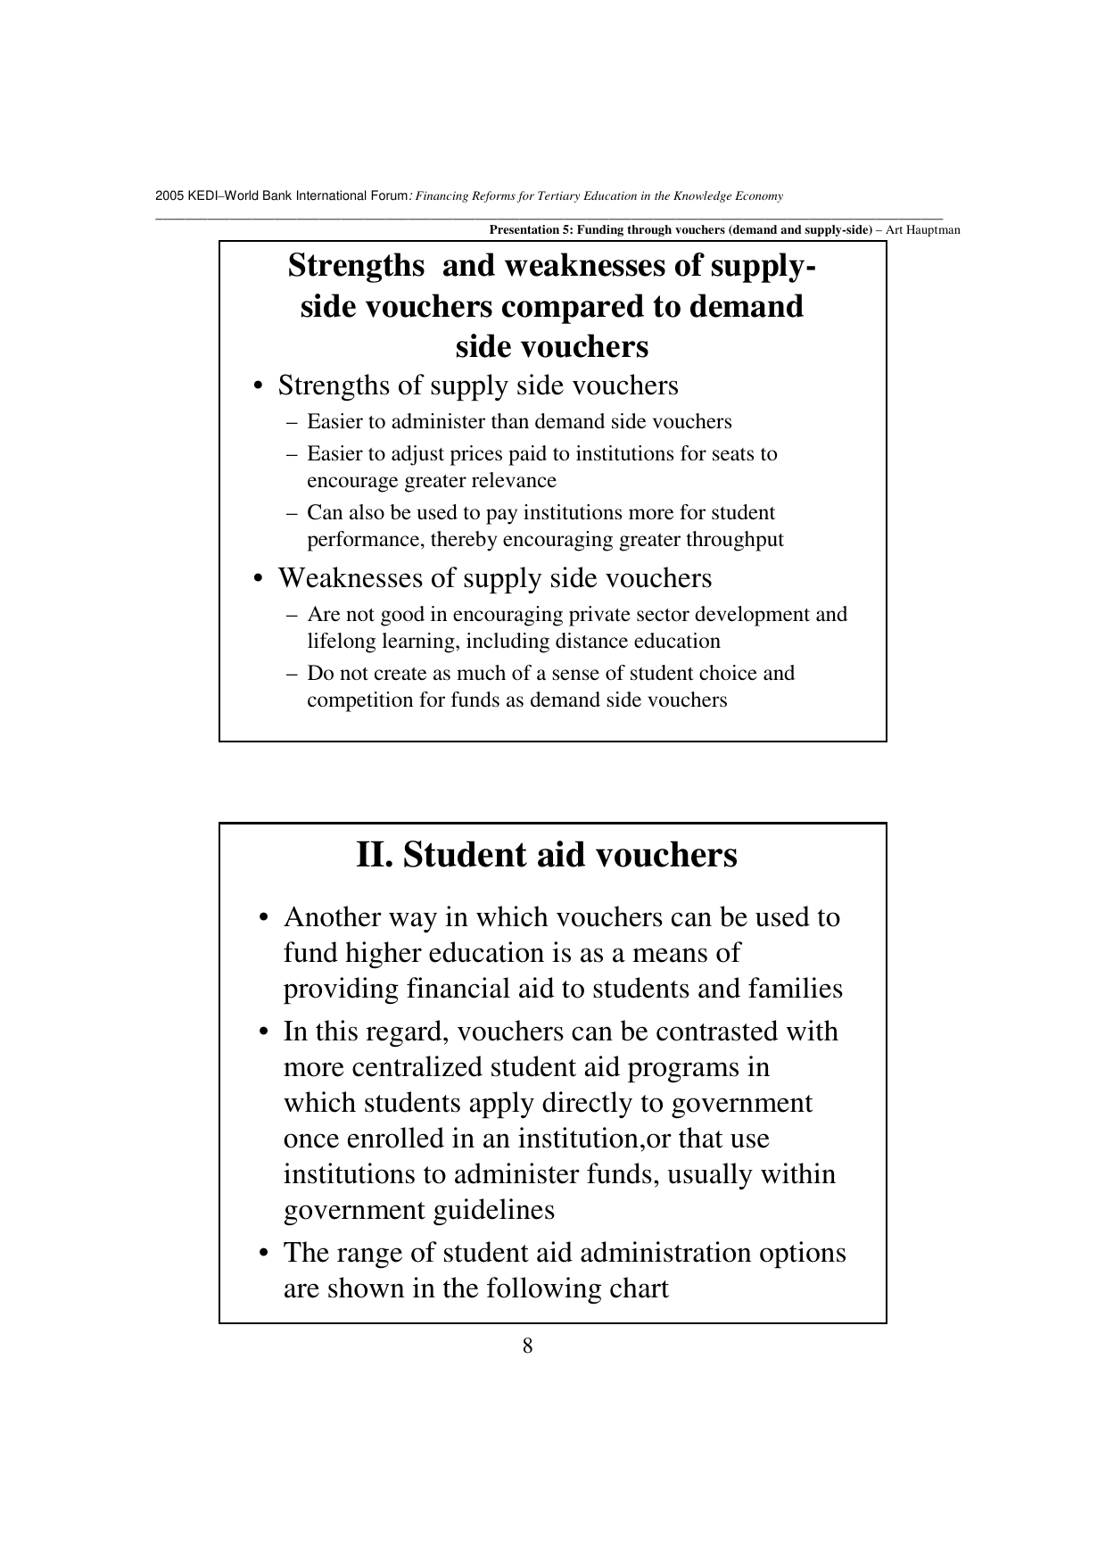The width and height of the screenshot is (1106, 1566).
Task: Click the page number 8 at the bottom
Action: click(x=527, y=1346)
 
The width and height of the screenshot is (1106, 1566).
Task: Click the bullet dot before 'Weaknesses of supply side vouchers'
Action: click(x=257, y=579)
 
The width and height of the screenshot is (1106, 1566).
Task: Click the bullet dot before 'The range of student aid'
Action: click(x=262, y=1254)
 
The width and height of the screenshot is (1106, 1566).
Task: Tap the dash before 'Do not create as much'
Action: click(x=293, y=674)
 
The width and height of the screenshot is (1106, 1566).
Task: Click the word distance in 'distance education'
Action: click(x=590, y=642)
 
